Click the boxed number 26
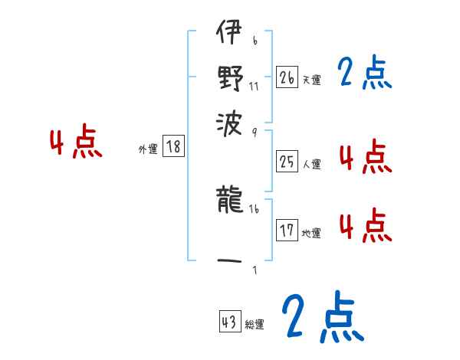pos(287,77)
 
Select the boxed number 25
pos(287,162)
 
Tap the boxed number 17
pos(287,231)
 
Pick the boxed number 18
pos(174,148)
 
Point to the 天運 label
pos(312,80)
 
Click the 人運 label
pos(312,164)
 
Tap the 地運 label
pos(312,233)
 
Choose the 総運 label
pos(255,325)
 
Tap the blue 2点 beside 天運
pos(365,75)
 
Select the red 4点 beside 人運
pos(365,158)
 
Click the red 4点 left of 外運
pos(75,143)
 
